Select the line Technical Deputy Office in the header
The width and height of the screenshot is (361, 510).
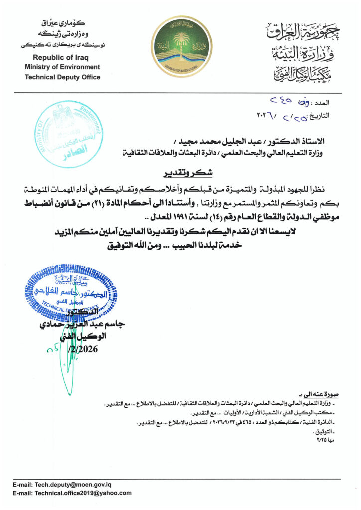(62, 77)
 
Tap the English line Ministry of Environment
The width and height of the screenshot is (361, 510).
(62, 67)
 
